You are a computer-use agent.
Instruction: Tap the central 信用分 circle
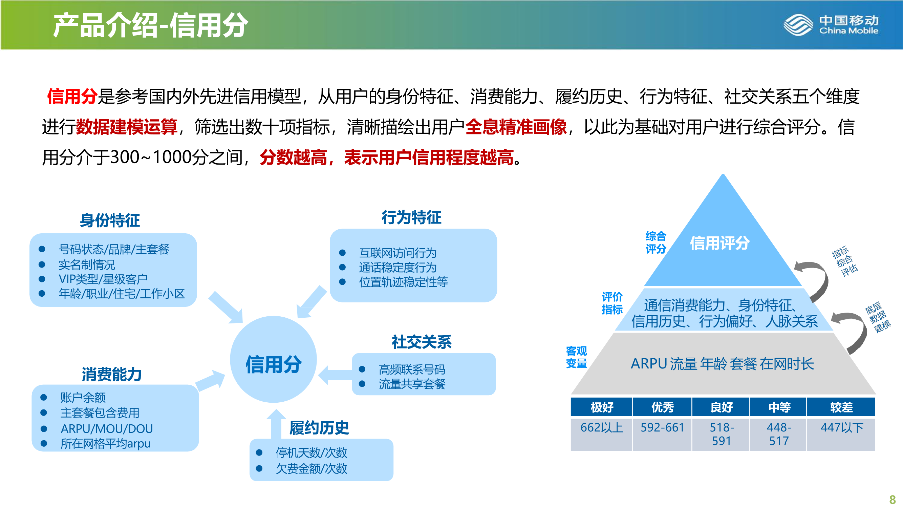(274, 359)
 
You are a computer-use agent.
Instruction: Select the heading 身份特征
(110, 220)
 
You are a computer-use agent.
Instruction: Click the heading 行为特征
(411, 217)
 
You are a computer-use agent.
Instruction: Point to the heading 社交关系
(422, 342)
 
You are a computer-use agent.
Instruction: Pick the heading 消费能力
(112, 375)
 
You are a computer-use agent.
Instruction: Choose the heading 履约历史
(319, 428)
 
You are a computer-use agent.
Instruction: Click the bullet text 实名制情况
(87, 265)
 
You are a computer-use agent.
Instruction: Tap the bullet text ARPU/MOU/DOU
(107, 429)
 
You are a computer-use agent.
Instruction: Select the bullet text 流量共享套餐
(412, 384)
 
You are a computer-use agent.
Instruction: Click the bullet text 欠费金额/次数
(311, 468)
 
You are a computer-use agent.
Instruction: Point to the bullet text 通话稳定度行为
(398, 268)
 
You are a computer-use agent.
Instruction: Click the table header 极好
(602, 407)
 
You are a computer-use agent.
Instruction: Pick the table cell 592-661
(663, 427)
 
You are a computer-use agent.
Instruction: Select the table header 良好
(722, 407)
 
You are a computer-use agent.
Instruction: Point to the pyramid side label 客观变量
(576, 357)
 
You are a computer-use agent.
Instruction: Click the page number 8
(893, 499)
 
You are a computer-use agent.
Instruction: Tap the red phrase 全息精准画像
(516, 127)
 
